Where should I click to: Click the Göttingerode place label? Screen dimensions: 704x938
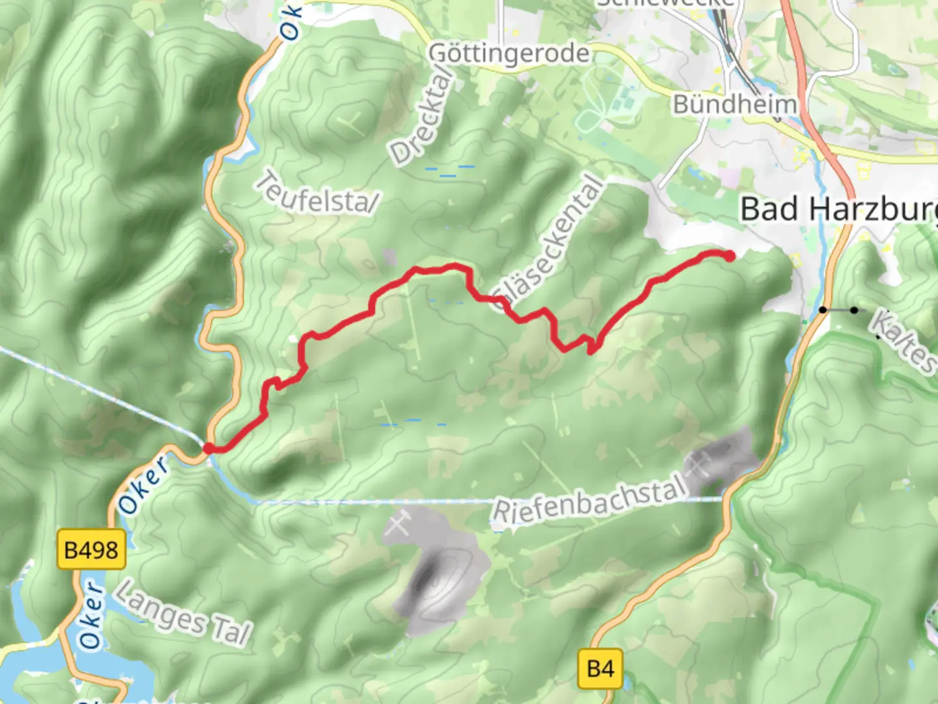[x=509, y=53]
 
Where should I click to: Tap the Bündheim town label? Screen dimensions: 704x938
[x=735, y=104]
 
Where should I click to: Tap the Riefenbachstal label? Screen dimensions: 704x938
[x=590, y=499]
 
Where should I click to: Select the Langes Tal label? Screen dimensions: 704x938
[x=183, y=613]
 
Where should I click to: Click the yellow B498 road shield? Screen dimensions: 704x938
[x=91, y=550]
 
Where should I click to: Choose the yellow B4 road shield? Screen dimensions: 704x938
[x=600, y=669]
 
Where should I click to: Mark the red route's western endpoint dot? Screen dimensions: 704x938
[x=209, y=448]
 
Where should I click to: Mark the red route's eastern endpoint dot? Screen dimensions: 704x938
[x=730, y=256]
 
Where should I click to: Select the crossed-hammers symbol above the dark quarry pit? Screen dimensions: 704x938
[x=398, y=523]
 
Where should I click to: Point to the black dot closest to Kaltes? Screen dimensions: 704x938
[x=854, y=310]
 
